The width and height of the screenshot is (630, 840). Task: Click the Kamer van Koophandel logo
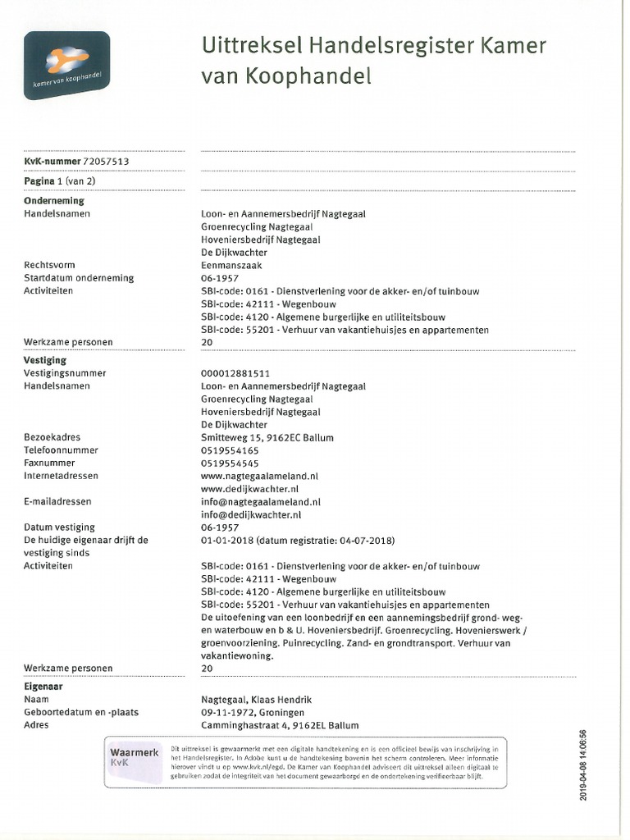(66, 65)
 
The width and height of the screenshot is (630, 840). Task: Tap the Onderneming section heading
(54, 200)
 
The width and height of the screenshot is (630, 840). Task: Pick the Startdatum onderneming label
(79, 278)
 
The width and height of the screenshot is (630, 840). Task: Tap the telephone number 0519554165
(230, 450)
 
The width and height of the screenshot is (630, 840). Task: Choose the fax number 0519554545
(230, 463)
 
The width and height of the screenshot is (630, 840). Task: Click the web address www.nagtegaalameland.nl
(259, 476)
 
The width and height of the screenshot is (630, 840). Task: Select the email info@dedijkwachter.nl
(251, 514)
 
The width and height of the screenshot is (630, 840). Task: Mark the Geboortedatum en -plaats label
(81, 712)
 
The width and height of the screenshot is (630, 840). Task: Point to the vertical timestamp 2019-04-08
(583, 763)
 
